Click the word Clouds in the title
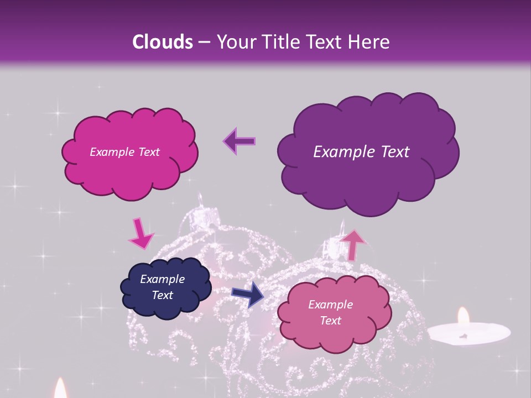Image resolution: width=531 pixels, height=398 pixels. pos(162,42)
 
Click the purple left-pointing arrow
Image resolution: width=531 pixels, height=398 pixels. pos(239,140)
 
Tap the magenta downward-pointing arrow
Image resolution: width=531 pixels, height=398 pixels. pos(140,233)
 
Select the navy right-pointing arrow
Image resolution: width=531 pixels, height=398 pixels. pos(247,294)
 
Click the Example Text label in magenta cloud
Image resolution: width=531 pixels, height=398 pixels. pos(124,152)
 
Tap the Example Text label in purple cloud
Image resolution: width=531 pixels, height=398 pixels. pos(361,152)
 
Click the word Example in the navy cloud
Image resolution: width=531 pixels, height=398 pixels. pos(162,279)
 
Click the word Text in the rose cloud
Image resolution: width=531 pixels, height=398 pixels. pos(330,321)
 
